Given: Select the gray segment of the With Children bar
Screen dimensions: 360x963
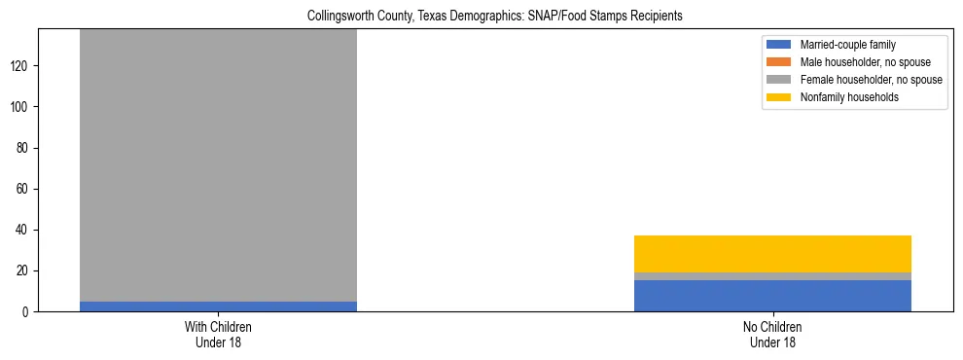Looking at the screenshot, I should (218, 165).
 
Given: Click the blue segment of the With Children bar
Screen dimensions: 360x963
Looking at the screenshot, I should (218, 306).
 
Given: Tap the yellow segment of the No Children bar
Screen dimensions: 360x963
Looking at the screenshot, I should (772, 254).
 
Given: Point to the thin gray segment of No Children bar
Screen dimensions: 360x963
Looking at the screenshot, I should (772, 276).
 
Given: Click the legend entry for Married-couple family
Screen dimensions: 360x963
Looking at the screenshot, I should (848, 45).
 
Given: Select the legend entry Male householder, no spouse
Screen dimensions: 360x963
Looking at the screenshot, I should (865, 62).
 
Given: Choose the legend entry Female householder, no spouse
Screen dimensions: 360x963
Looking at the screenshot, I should (871, 80).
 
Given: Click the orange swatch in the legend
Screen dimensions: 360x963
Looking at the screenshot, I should (779, 62).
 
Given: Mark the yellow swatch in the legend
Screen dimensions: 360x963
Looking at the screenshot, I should (779, 97).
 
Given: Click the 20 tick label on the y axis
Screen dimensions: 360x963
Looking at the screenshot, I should (26, 271).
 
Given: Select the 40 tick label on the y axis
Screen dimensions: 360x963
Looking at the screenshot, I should (26, 231).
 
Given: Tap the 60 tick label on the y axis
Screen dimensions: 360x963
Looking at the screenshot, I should (26, 189).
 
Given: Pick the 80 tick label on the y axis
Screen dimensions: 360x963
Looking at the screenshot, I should (26, 148).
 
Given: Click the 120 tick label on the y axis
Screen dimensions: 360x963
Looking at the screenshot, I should (23, 66).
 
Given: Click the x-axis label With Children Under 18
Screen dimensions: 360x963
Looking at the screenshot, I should (218, 335).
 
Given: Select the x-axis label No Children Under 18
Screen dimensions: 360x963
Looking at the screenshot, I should (772, 335).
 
